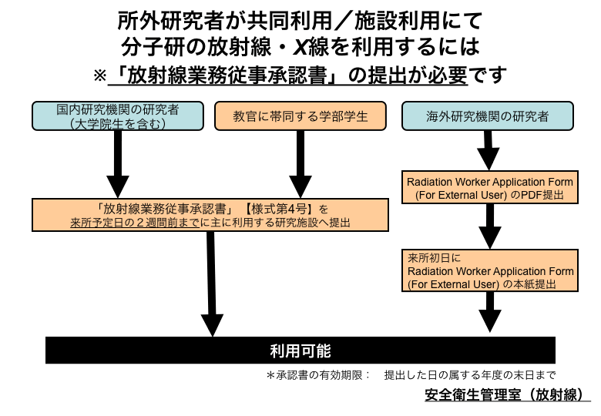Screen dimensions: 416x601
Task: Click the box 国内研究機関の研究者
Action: [x=118, y=116]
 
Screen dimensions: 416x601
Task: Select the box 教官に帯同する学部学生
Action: [x=300, y=116]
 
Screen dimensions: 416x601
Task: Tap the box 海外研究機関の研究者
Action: [x=488, y=116]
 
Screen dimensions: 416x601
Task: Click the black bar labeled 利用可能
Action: [x=300, y=351]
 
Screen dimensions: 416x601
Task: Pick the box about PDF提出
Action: [x=491, y=189]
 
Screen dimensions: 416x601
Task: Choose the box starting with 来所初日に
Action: [x=491, y=271]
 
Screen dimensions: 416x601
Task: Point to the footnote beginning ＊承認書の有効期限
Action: [x=411, y=375]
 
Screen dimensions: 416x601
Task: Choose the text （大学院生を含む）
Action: [x=118, y=122]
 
